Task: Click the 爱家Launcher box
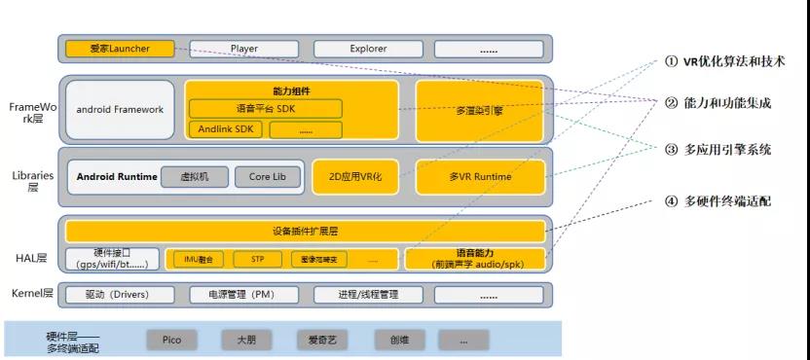[x=120, y=48]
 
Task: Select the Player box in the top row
[x=244, y=48]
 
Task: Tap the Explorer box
[x=368, y=48]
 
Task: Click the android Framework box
[x=120, y=110]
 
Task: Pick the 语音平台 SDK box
[x=265, y=109]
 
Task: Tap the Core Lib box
[x=267, y=177]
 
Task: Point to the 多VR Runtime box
[x=479, y=177]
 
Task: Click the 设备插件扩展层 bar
[x=305, y=232]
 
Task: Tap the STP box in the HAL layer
[x=258, y=260]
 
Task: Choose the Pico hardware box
[x=172, y=340]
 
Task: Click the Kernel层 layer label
[x=29, y=294]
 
